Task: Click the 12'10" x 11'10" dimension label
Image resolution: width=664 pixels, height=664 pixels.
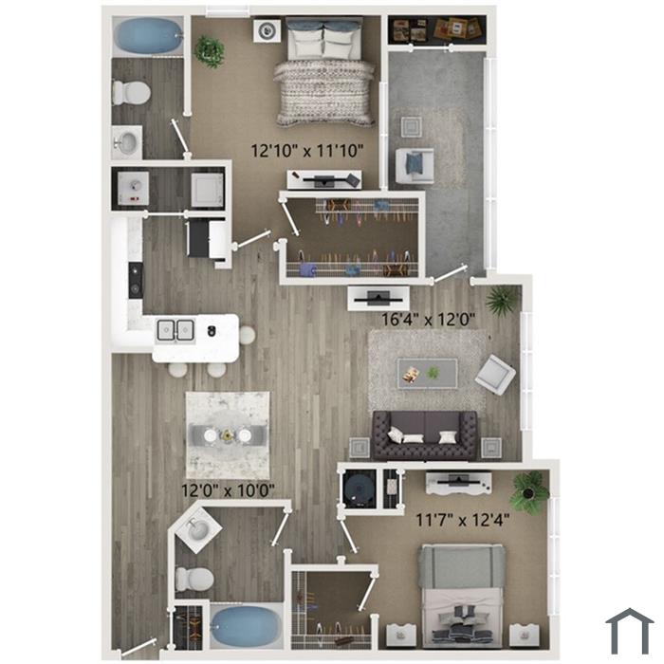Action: pos(307,151)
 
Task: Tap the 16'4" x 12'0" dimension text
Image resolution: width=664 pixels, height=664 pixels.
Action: pos(428,320)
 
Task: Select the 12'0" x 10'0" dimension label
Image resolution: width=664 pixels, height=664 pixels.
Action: pos(228,490)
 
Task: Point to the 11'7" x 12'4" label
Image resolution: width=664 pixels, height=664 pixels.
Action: pos(463,520)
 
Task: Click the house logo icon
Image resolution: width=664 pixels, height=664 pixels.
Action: pos(630,631)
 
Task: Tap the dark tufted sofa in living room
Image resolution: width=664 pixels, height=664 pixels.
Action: pos(425,435)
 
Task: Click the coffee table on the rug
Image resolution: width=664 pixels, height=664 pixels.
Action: pos(427,373)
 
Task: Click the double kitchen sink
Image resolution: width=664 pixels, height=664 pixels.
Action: pos(175,330)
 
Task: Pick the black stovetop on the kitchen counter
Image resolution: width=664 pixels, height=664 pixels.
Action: pos(136,281)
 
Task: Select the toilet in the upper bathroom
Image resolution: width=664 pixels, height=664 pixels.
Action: pos(131,92)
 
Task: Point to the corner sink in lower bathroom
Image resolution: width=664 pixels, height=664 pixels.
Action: pos(198,529)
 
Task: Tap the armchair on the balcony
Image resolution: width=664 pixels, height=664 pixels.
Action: pos(415,166)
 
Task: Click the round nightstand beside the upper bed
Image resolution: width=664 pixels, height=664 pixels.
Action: pos(267,30)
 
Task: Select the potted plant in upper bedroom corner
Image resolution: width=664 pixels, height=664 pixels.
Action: pos(210,51)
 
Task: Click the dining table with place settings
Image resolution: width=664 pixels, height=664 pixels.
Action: pos(228,434)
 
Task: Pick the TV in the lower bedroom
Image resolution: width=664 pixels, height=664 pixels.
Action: pos(458,482)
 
